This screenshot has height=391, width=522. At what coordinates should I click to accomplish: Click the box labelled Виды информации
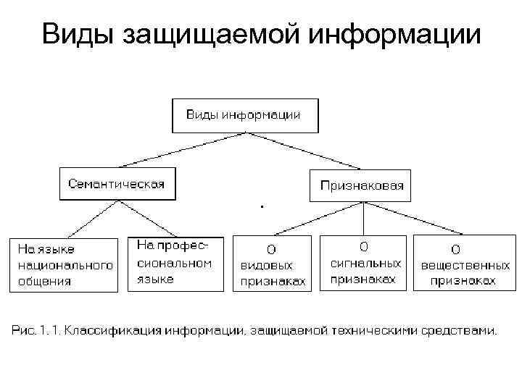tap(244, 115)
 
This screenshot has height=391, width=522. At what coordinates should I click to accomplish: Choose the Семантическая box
tap(117, 184)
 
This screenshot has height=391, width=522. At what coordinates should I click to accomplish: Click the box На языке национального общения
tap(63, 264)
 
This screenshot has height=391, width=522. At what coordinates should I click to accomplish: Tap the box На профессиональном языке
tap(175, 263)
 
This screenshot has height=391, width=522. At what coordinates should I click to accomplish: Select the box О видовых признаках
tap(272, 264)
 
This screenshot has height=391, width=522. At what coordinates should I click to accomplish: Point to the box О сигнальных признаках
tap(364, 263)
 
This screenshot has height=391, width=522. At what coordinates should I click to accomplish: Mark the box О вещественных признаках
tap(458, 264)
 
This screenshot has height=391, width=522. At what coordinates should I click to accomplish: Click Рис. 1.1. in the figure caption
tap(36, 331)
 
